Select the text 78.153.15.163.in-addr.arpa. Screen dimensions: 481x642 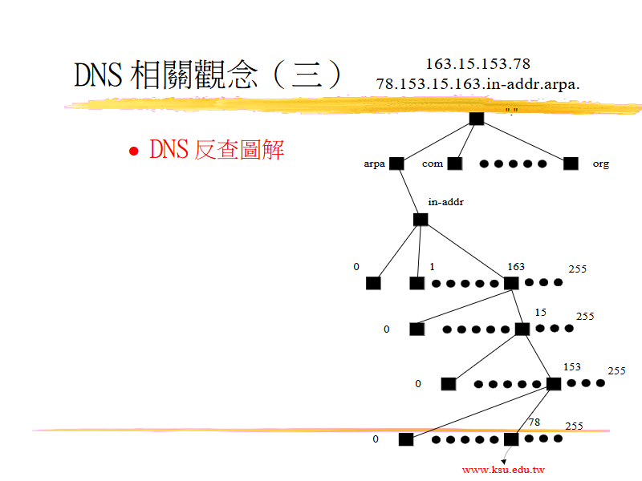coord(477,83)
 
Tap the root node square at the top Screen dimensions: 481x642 coord(477,118)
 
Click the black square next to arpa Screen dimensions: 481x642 coord(396,164)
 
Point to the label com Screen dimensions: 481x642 coord(433,164)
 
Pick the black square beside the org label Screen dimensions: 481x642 coord(571,164)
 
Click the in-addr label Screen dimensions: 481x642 coord(445,202)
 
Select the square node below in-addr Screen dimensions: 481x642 coord(421,220)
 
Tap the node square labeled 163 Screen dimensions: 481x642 coord(510,282)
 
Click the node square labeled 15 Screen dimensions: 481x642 coord(522,329)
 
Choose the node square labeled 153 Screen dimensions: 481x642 coord(553,383)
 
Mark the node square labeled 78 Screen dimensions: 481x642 coord(510,439)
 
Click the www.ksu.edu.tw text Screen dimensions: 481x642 coord(503,470)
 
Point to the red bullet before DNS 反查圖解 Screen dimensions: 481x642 coord(135,152)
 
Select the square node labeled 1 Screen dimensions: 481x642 coord(416,282)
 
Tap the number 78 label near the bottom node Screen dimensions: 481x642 coord(534,422)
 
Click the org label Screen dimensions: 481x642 coord(600,164)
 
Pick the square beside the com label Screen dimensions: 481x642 coord(455,164)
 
